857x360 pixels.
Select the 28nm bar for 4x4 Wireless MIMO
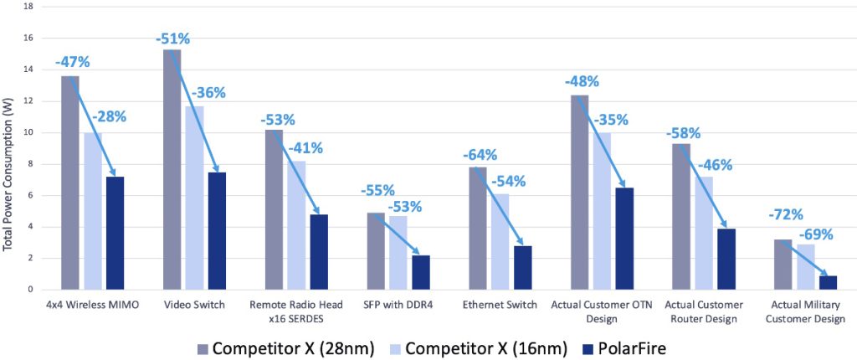click(70, 183)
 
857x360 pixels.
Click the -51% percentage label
click(173, 39)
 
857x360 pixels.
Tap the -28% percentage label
click(109, 116)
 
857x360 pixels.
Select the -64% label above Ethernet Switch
click(480, 155)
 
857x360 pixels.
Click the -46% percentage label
click(715, 165)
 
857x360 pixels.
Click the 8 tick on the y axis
click(30, 164)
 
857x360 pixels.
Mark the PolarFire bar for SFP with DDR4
click(420, 272)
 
